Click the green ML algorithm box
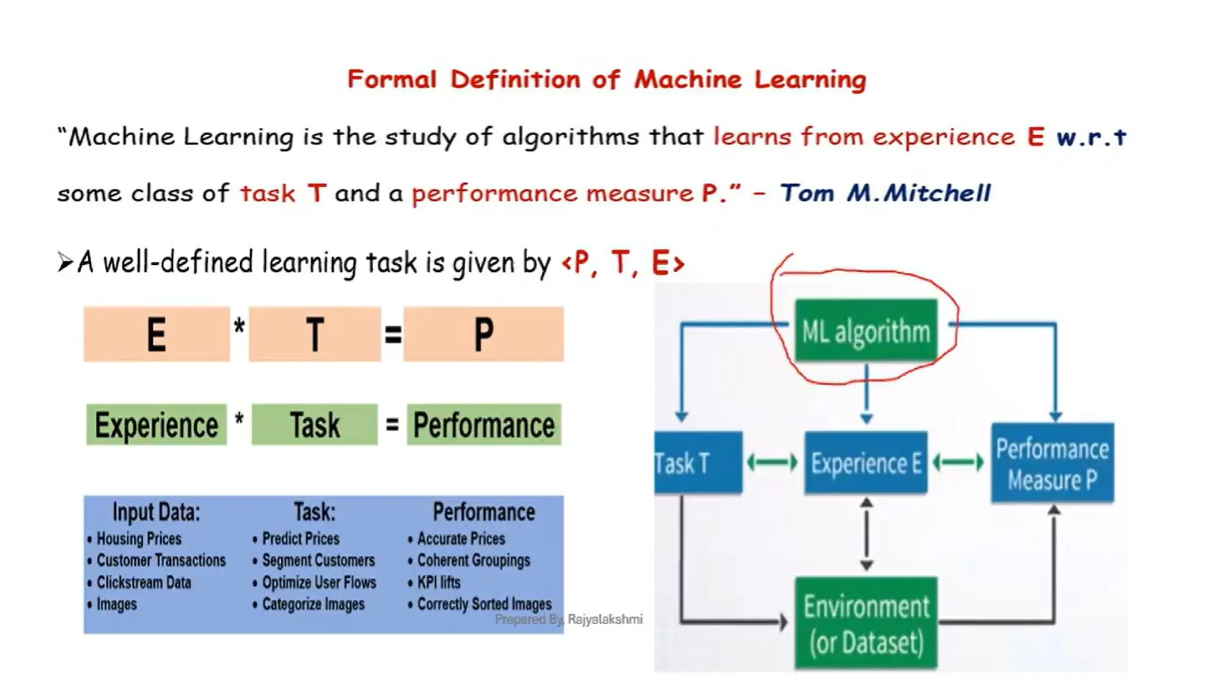click(866, 330)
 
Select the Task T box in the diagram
click(698, 463)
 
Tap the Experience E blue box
click(866, 463)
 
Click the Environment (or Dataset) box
click(866, 623)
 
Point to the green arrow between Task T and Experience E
click(773, 462)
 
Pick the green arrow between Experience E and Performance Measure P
click(958, 462)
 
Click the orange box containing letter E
click(156, 334)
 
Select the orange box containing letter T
click(315, 334)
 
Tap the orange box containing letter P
click(483, 334)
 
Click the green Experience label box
click(156, 425)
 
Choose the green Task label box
click(315, 425)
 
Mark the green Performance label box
click(484, 425)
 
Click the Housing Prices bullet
click(139, 539)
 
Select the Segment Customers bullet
click(318, 560)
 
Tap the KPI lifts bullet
click(439, 582)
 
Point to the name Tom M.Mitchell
click(885, 193)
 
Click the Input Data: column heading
click(156, 512)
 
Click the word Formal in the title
click(392, 79)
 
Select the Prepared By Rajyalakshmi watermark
click(569, 619)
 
